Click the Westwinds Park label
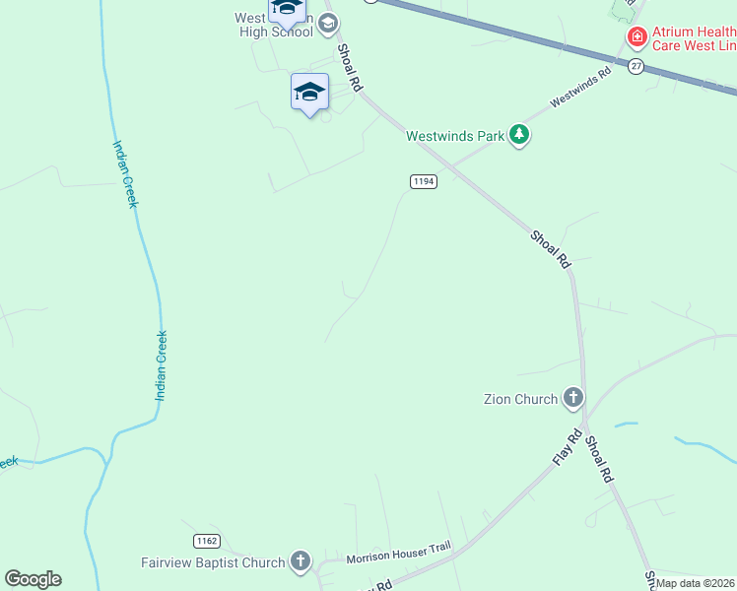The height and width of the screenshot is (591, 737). [x=455, y=136]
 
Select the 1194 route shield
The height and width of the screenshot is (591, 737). [x=424, y=181]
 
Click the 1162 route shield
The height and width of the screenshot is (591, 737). [x=206, y=541]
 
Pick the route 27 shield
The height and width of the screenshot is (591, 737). [x=636, y=66]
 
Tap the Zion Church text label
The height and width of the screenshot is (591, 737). [x=520, y=399]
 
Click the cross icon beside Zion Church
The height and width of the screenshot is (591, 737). [x=573, y=399]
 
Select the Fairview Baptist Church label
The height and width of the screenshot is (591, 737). [x=212, y=562]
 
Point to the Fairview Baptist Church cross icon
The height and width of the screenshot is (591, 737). [x=301, y=562]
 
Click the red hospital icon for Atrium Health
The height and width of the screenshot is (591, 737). [x=637, y=37]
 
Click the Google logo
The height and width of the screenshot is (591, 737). [x=33, y=579]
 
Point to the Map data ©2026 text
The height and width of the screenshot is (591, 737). [x=696, y=583]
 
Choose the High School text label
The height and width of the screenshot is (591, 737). [x=276, y=32]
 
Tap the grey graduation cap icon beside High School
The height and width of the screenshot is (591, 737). [x=328, y=23]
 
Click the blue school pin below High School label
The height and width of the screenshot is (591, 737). [x=309, y=93]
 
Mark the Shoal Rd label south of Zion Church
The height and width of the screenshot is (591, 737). [x=600, y=460]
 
